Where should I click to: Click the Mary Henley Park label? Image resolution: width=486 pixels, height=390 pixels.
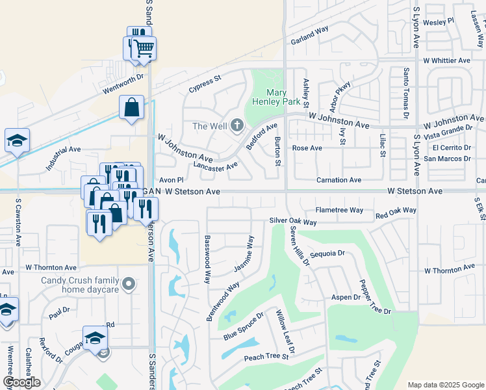pos(276,97)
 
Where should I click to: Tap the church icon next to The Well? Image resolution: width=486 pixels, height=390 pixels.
pos(237,125)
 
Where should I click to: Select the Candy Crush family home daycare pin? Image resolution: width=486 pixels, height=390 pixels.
pos(129,283)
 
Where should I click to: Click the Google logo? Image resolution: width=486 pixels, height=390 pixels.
pos(21,382)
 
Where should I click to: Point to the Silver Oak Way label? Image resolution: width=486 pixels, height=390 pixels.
pos(293,222)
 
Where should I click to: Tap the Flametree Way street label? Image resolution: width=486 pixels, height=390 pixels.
pos(339,210)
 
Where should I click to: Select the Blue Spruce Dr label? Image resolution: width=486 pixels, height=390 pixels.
pos(243,326)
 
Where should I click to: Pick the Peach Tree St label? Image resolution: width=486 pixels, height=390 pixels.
pos(266,357)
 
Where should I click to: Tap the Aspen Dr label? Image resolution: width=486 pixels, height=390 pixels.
pos(346,297)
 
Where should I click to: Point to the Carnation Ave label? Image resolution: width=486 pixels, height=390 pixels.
pos(338,179)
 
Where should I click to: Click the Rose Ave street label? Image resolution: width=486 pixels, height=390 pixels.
pos(307,148)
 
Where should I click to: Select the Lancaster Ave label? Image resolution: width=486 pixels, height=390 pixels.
pos(216,167)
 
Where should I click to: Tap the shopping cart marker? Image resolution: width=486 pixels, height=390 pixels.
pos(144,47)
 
